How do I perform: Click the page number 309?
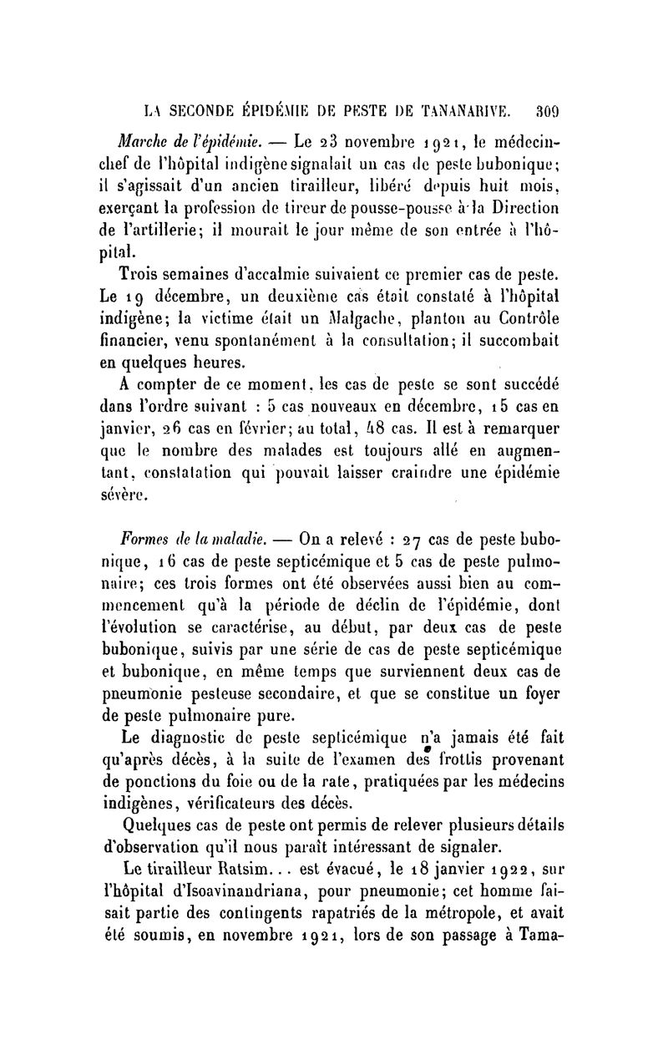(x=552, y=109)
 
